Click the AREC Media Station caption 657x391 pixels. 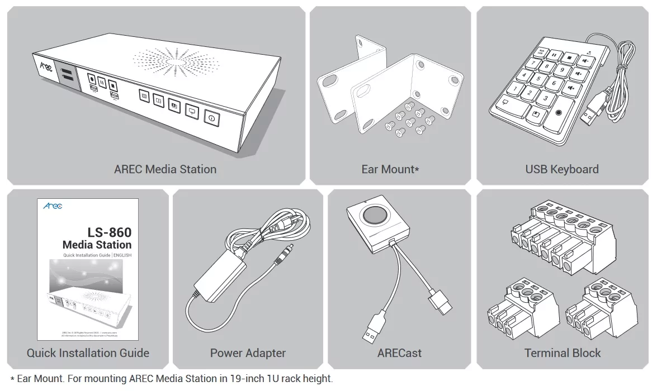[x=165, y=169]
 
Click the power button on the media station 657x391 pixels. [x=212, y=118]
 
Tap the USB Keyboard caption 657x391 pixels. [x=561, y=169]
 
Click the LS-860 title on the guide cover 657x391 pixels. [x=109, y=232]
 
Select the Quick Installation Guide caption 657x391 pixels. [x=88, y=353]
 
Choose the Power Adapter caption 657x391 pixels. [x=248, y=353]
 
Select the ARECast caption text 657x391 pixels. [x=399, y=353]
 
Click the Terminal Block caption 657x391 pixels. [x=563, y=353]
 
